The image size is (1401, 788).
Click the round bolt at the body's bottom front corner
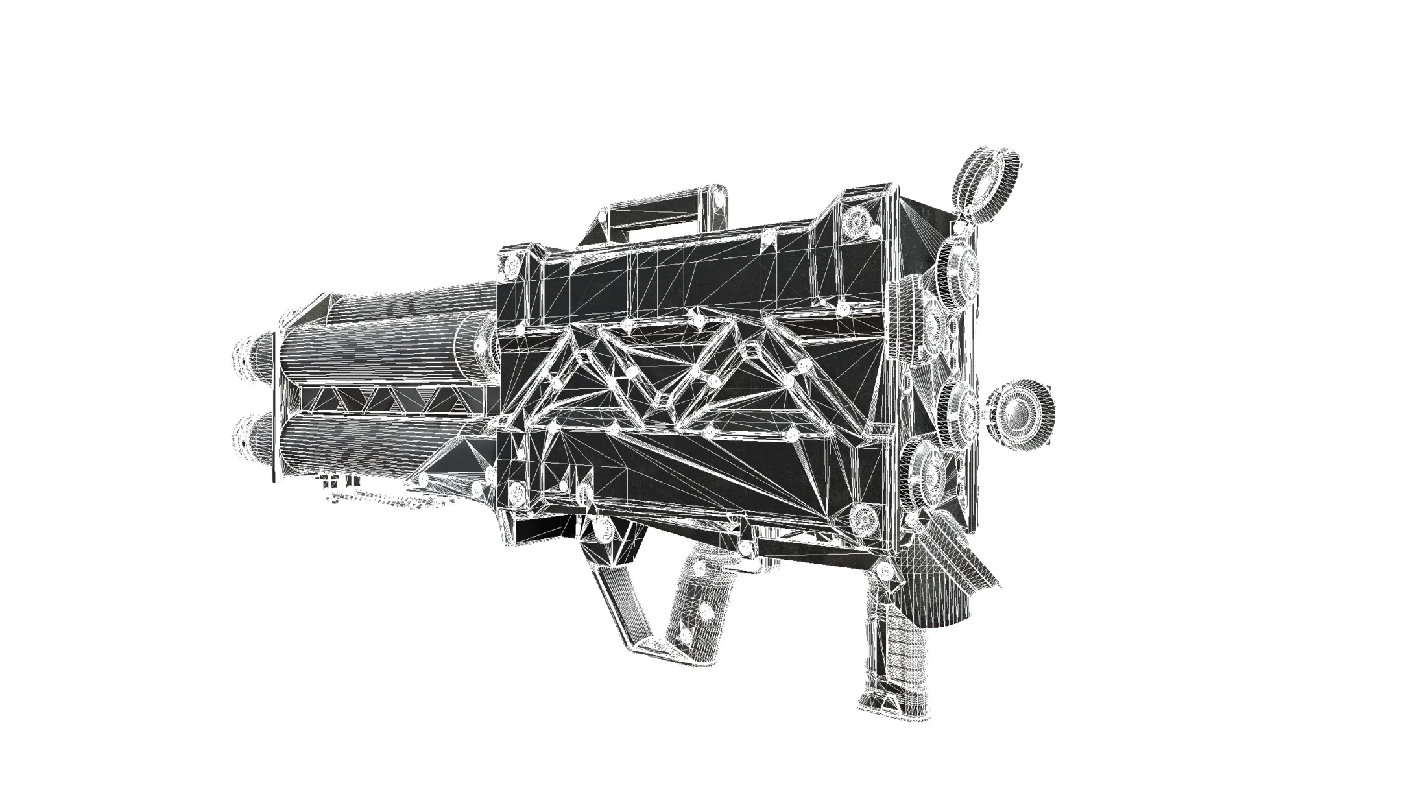coord(517,493)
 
